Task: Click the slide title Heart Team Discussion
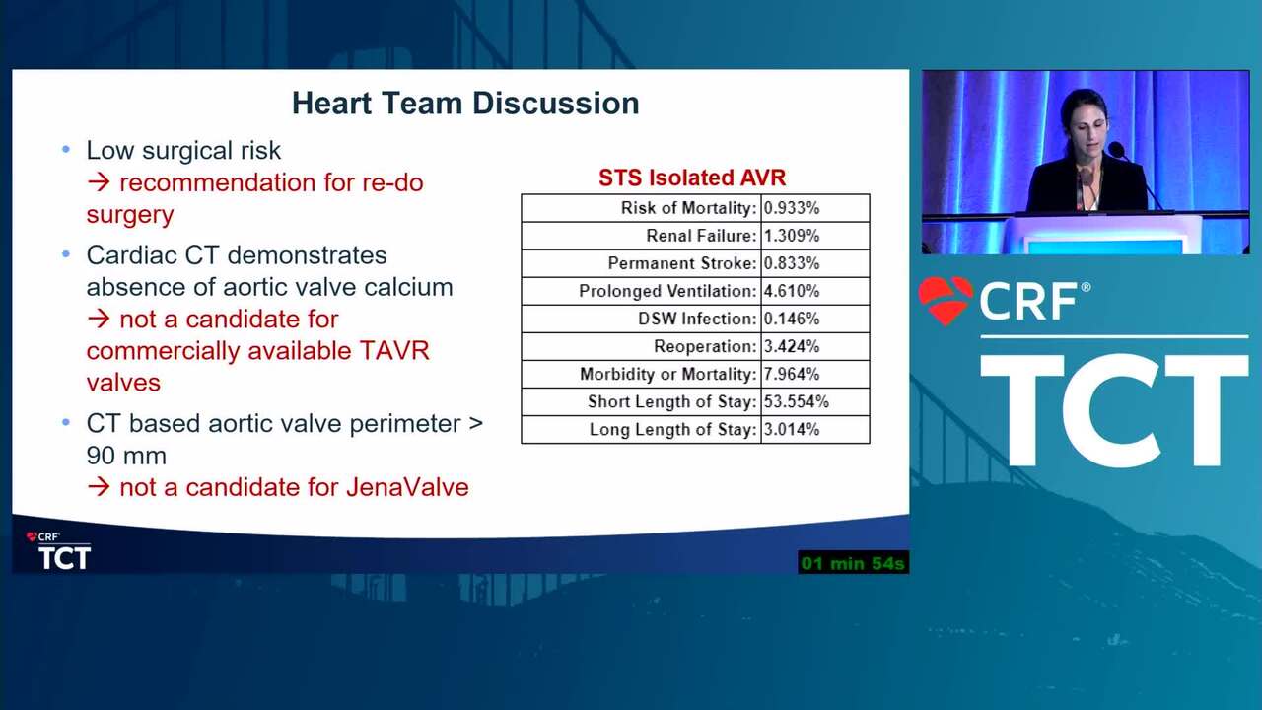[465, 104]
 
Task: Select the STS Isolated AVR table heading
[692, 177]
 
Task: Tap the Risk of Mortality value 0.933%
[792, 208]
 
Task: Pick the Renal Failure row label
[701, 236]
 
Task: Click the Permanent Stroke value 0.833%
[792, 263]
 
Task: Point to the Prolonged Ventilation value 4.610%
[792, 291]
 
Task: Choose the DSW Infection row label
[697, 319]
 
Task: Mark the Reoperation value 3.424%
[792, 346]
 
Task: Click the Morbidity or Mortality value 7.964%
[792, 374]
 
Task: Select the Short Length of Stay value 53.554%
[796, 401]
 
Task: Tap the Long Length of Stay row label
[673, 429]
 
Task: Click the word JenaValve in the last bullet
[407, 487]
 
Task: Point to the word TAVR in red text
[394, 350]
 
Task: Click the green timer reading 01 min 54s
[853, 563]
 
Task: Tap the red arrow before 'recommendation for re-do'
[100, 182]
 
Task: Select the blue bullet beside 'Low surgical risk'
[66, 150]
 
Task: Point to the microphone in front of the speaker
[1116, 151]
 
